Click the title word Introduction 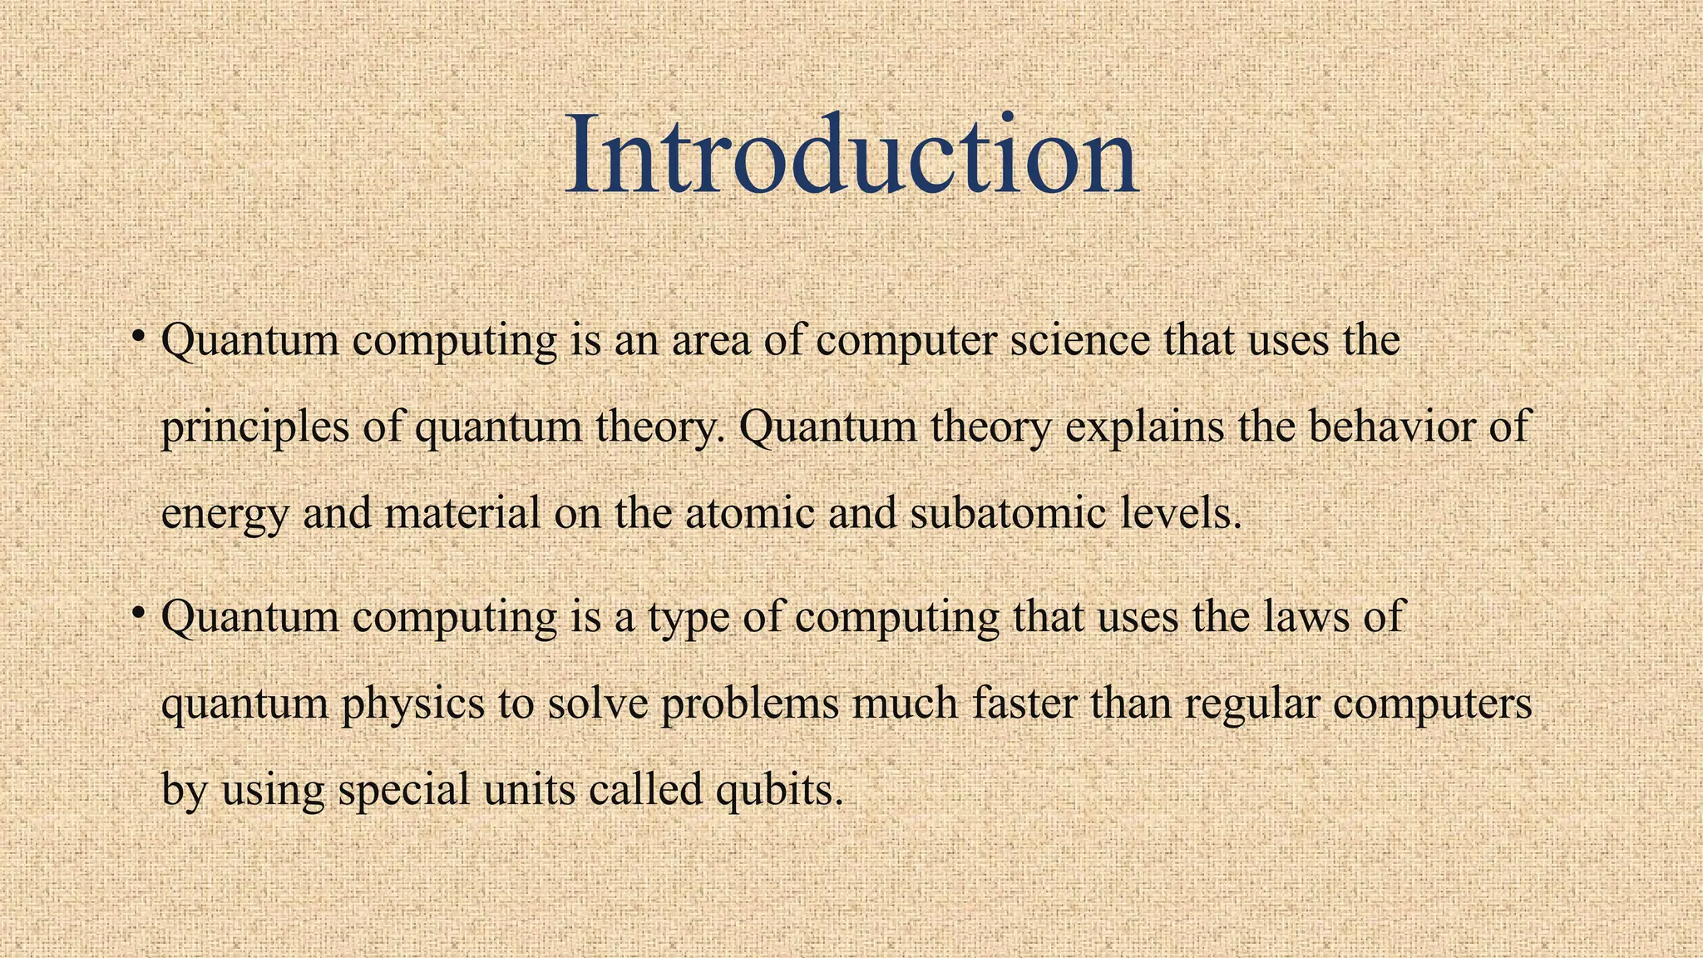tap(851, 156)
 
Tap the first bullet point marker tap(139, 336)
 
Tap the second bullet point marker tap(139, 614)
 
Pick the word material tap(462, 513)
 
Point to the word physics tap(413, 705)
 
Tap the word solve tap(596, 704)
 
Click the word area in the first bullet tap(711, 342)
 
